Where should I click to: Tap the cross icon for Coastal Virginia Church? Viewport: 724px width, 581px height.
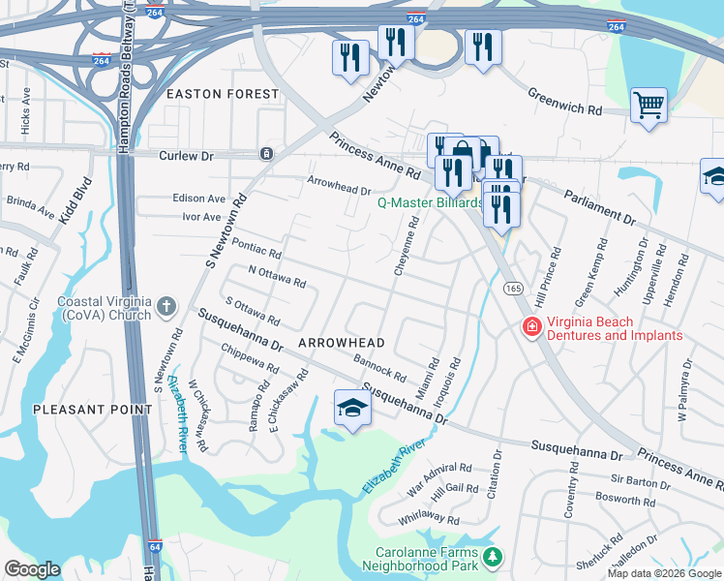pyautogui.click(x=166, y=307)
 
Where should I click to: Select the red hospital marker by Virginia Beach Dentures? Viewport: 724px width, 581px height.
pyautogui.click(x=530, y=328)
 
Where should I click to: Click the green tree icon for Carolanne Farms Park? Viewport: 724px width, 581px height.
pyautogui.click(x=494, y=557)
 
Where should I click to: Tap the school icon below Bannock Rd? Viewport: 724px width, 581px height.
pyautogui.click(x=352, y=408)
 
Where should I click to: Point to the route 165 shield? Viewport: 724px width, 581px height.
pyautogui.click(x=513, y=288)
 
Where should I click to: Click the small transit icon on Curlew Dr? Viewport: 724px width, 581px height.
pyautogui.click(x=266, y=154)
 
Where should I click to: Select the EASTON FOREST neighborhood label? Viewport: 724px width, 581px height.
pyautogui.click(x=223, y=94)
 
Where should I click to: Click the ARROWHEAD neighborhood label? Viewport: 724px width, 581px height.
pyautogui.click(x=342, y=343)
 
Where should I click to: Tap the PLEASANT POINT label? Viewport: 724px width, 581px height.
pyautogui.click(x=93, y=410)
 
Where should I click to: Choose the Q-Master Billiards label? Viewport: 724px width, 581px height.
pyautogui.click(x=429, y=203)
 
